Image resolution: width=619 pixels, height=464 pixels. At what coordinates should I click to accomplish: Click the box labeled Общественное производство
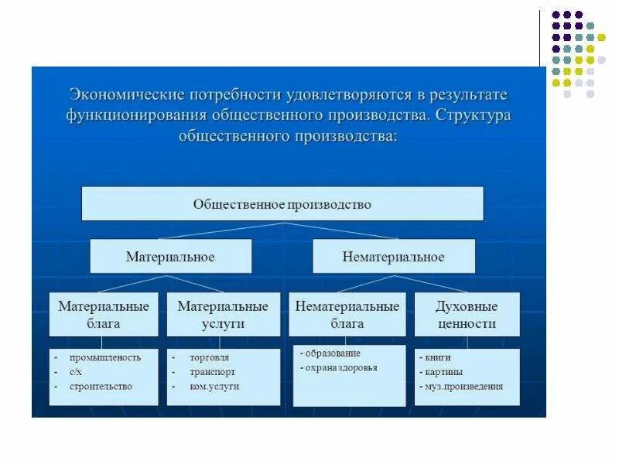282,204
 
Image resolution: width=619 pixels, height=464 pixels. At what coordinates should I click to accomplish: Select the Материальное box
170,256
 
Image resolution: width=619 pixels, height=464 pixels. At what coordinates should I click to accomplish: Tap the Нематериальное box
393,256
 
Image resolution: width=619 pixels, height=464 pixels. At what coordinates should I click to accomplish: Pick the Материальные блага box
104,314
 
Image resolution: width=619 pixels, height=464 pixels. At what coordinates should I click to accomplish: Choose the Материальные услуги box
223,314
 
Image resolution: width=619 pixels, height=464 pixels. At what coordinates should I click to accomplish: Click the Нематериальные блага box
347,314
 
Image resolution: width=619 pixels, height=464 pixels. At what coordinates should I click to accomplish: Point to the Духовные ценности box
467,314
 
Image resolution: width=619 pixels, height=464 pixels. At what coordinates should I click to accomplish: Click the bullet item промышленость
105,358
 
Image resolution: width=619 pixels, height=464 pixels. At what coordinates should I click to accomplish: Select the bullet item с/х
76,372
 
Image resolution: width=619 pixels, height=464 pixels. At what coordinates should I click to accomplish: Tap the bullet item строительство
101,386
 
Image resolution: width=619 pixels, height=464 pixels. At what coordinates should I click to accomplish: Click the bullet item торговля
210,358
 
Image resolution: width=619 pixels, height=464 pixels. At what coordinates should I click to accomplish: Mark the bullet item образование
327,353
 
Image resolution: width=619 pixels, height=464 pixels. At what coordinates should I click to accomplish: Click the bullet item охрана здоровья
340,367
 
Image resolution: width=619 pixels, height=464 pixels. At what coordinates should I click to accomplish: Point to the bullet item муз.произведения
463,386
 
